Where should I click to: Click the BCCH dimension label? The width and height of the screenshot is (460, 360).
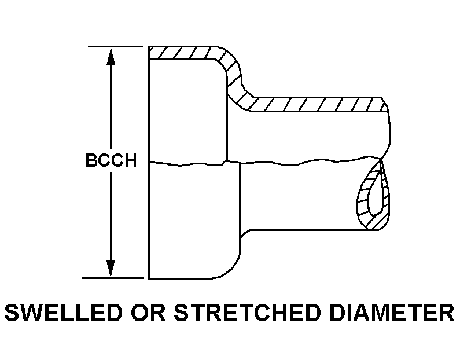pyautogui.click(x=111, y=160)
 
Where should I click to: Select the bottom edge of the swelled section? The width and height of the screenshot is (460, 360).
pyautogui.click(x=185, y=278)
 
